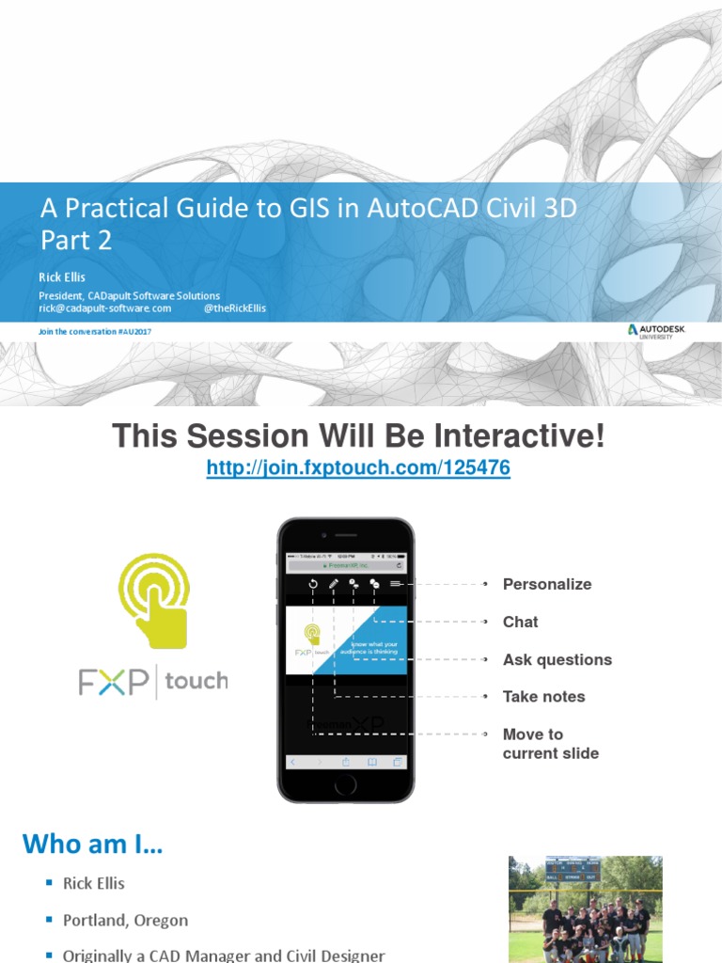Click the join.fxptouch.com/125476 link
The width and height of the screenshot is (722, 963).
pyautogui.click(x=358, y=468)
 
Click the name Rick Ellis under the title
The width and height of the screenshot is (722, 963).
pyautogui.click(x=62, y=277)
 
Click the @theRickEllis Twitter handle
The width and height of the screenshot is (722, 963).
pyautogui.click(x=234, y=308)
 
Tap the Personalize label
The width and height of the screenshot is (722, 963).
pyautogui.click(x=547, y=584)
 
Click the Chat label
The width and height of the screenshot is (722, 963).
pyautogui.click(x=520, y=622)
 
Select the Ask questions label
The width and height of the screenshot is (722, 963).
pyautogui.click(x=557, y=659)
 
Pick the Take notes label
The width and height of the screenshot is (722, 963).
pyautogui.click(x=543, y=697)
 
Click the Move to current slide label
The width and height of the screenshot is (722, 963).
pyautogui.click(x=550, y=744)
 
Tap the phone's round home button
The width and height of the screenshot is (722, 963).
pyautogui.click(x=346, y=784)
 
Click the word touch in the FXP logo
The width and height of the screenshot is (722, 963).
pyautogui.click(x=196, y=681)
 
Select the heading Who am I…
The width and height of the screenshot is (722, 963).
pyautogui.click(x=92, y=844)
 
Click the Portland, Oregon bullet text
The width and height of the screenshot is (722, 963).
pyautogui.click(x=125, y=921)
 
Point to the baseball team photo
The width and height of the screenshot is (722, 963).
pyautogui.click(x=585, y=908)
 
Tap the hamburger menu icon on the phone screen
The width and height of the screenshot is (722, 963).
pyautogui.click(x=396, y=584)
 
